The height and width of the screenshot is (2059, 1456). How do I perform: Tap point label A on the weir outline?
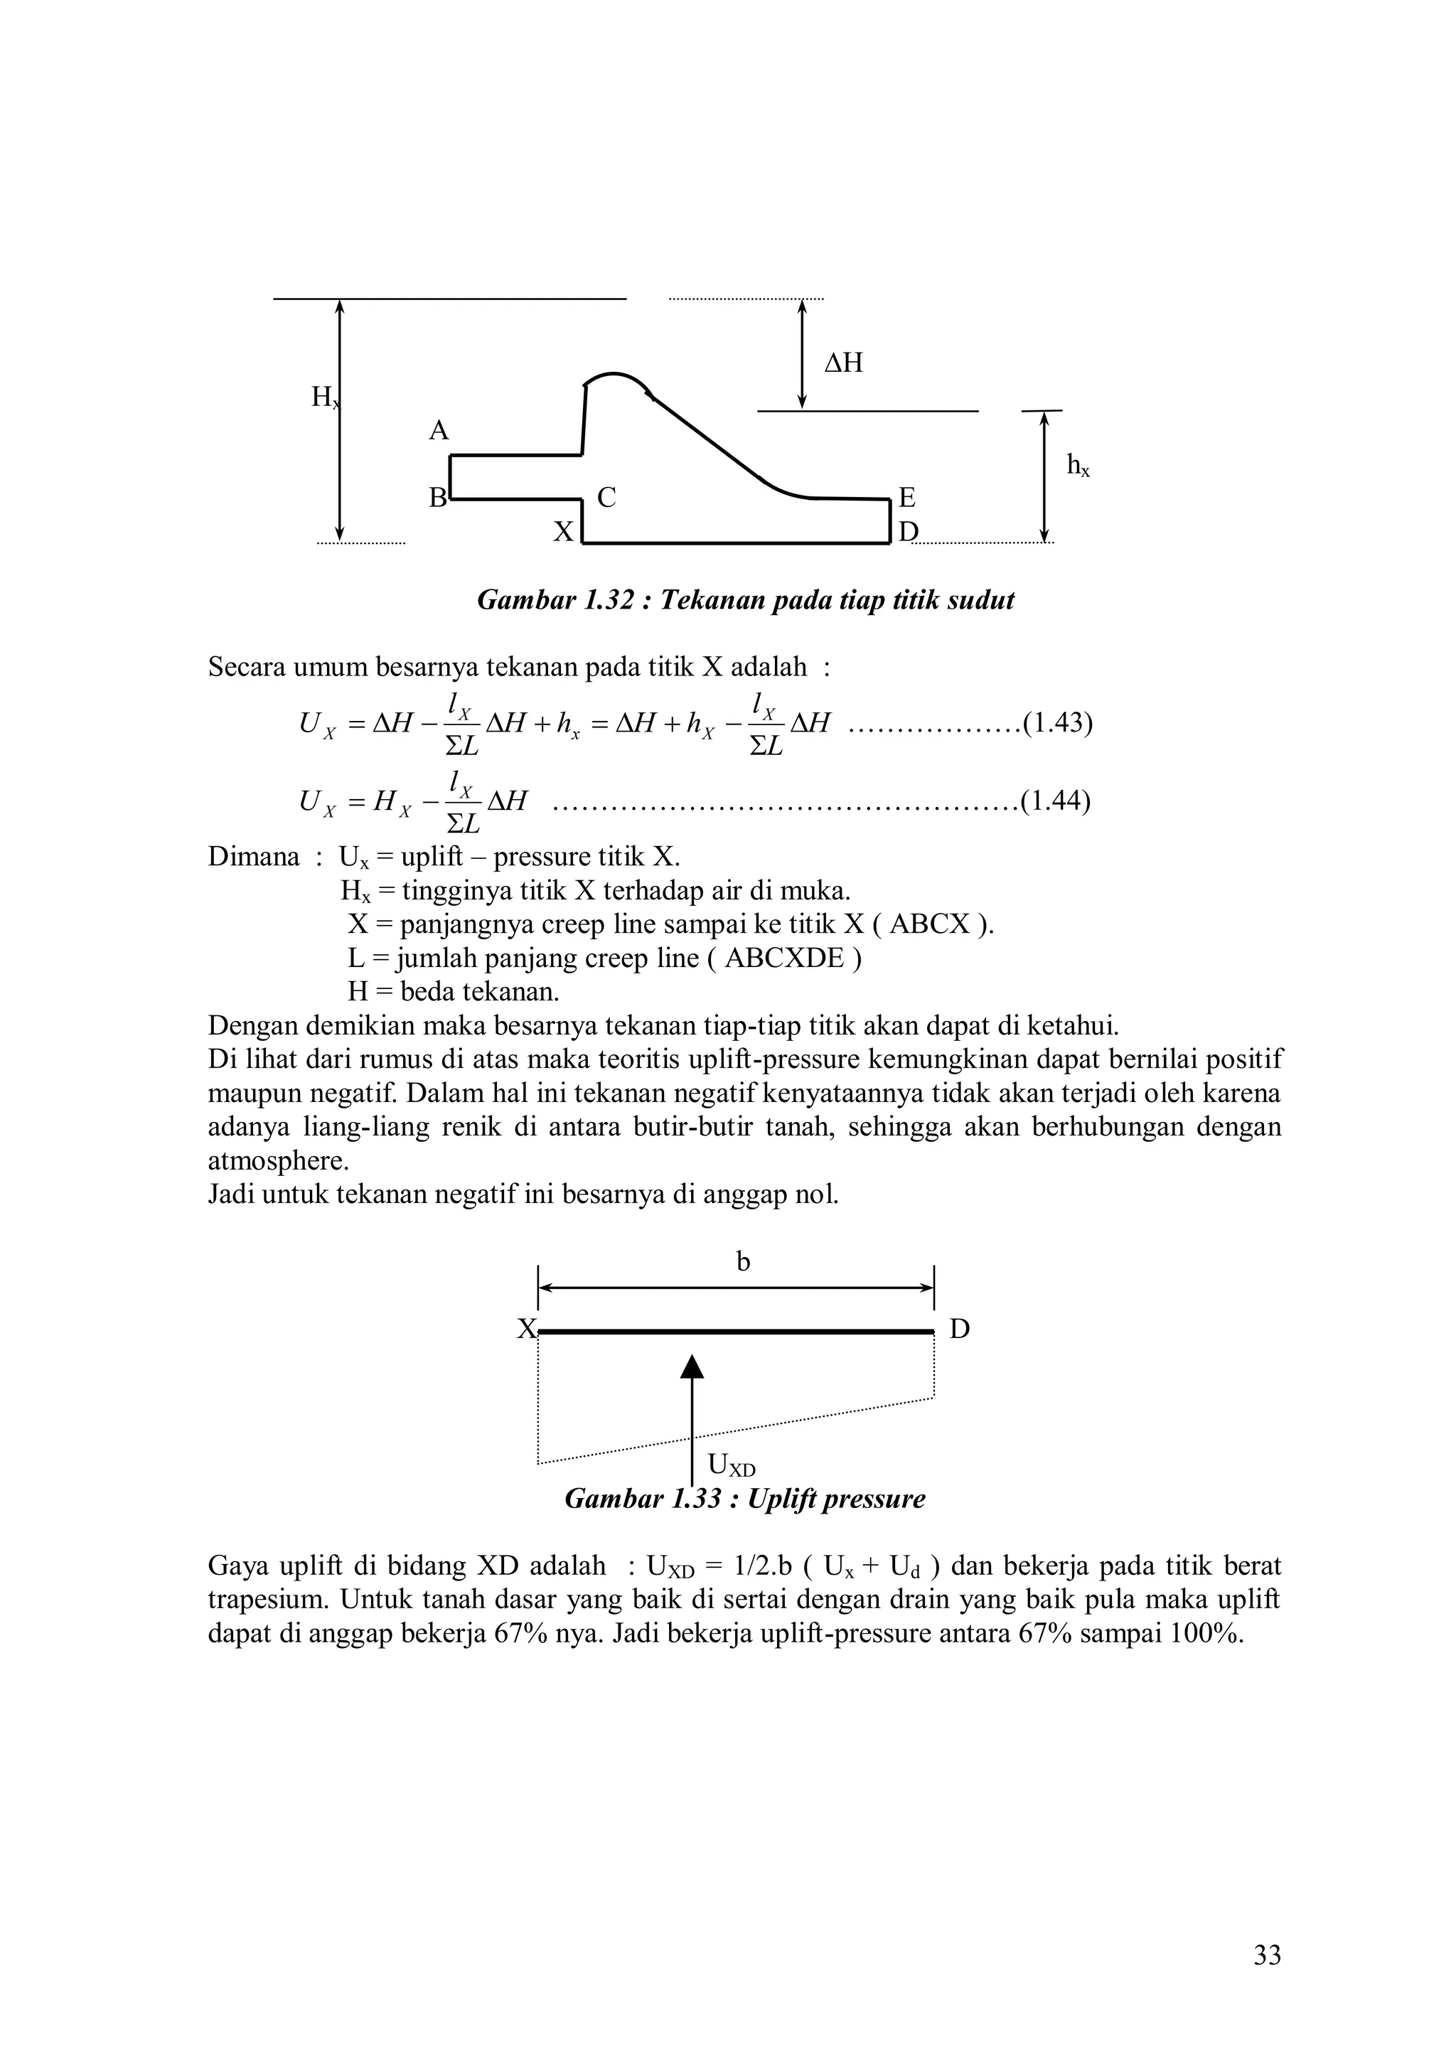[439, 432]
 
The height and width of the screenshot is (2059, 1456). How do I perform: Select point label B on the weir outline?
[437, 498]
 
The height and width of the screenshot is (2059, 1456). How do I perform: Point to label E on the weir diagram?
[906, 498]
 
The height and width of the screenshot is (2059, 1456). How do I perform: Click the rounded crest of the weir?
[615, 375]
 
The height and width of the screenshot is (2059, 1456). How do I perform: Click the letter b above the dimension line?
[743, 1262]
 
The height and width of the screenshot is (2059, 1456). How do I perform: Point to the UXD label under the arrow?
[731, 1465]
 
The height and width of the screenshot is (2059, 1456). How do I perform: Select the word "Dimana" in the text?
[254, 857]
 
